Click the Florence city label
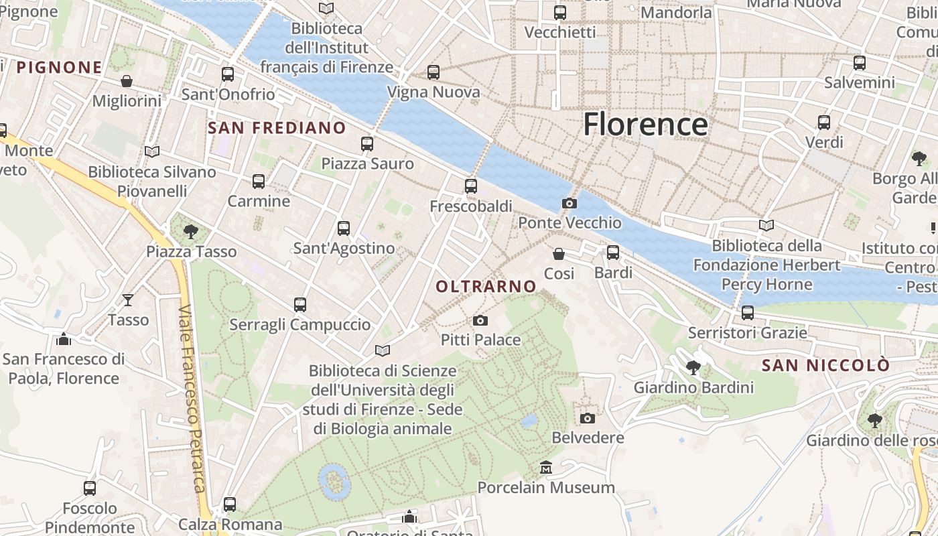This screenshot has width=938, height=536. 645,125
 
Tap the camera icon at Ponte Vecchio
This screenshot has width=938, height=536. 569,204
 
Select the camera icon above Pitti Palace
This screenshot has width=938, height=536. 480,321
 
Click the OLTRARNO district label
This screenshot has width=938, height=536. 486,287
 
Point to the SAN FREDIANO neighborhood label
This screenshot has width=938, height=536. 277,128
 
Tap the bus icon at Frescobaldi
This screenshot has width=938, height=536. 471,186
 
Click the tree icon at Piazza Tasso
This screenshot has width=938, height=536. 191,232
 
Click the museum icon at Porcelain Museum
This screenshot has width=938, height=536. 546,467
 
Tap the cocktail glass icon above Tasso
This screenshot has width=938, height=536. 128,300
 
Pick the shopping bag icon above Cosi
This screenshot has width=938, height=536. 559,254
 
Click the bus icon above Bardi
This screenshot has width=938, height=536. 613,253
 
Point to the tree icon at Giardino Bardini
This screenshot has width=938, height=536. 693,367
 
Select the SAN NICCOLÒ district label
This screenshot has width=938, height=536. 825,366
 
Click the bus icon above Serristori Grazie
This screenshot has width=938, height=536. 748,313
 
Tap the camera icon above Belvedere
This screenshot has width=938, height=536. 588,418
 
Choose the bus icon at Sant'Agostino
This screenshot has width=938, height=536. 344,228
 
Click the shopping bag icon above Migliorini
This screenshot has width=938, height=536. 127,81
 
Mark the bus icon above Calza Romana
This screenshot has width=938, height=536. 230,505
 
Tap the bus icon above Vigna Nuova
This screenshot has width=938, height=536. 433,72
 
